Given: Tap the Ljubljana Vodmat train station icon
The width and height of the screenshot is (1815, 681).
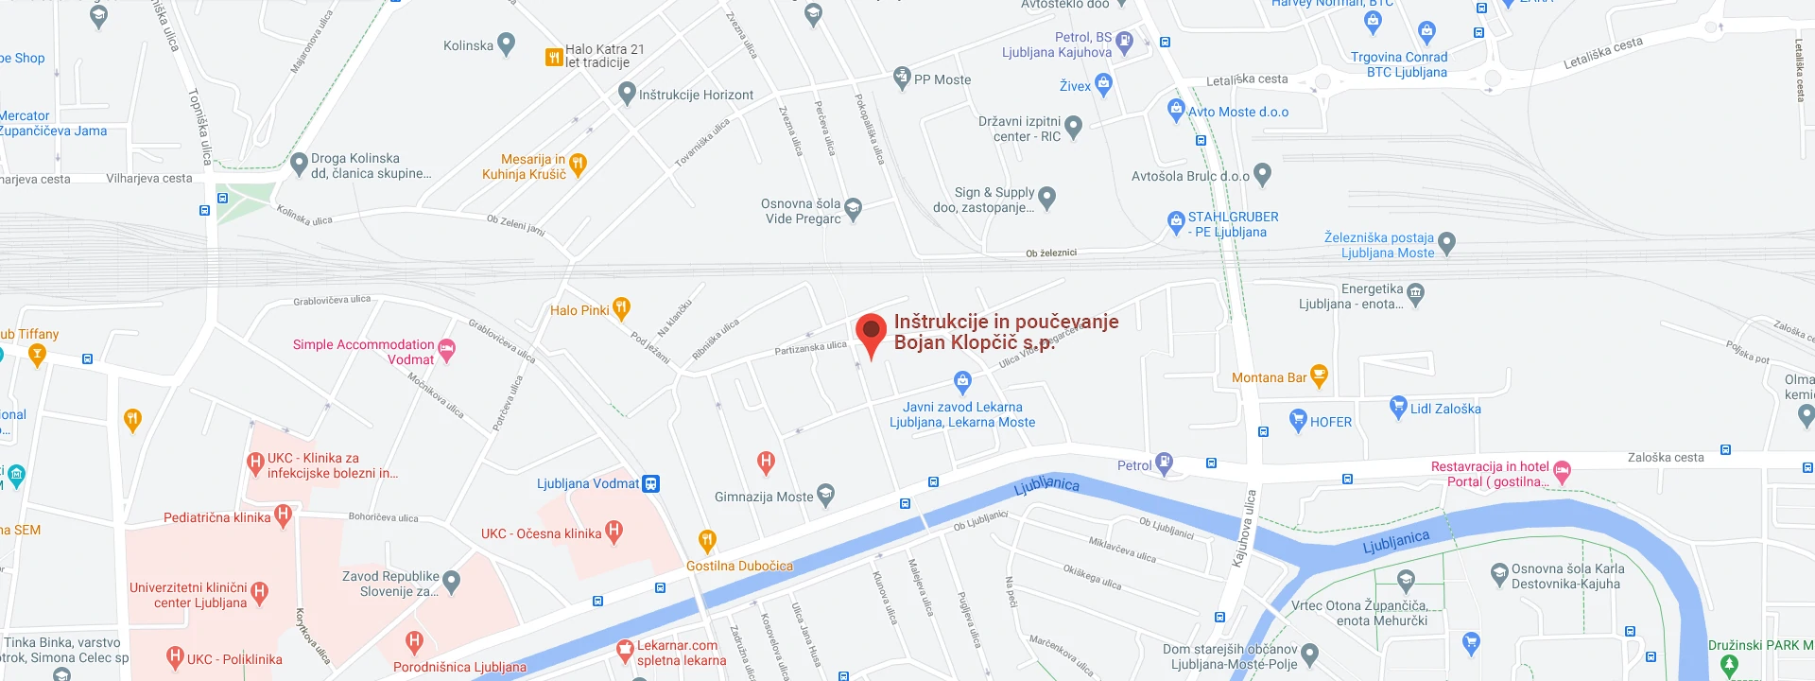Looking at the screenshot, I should pyautogui.click(x=651, y=484).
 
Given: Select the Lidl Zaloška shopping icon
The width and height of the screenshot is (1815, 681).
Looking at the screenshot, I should pyautogui.click(x=1398, y=408).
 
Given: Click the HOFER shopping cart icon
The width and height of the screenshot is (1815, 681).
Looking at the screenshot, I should pyautogui.click(x=1298, y=420).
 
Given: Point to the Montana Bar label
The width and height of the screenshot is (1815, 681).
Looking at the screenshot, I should pyautogui.click(x=1269, y=378).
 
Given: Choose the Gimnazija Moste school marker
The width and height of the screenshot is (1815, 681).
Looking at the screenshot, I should pyautogui.click(x=825, y=494).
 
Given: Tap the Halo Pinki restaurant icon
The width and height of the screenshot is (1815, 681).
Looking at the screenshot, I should pyautogui.click(x=621, y=307).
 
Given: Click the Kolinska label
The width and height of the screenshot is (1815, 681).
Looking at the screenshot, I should pyautogui.click(x=468, y=45).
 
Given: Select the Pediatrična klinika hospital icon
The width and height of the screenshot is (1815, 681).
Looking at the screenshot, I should pyautogui.click(x=283, y=515).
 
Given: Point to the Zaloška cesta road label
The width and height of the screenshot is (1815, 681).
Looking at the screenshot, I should pyautogui.click(x=1666, y=458).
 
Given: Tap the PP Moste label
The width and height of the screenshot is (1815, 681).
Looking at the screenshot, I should pyautogui.click(x=942, y=80).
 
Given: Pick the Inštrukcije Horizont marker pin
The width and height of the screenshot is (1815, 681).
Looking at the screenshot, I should pyautogui.click(x=627, y=93).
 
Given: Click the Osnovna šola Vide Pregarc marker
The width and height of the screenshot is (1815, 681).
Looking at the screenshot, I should pyautogui.click(x=854, y=208).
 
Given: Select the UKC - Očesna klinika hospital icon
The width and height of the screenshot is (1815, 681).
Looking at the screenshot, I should pyautogui.click(x=614, y=532).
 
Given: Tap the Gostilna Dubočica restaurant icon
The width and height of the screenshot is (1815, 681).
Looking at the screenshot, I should pyautogui.click(x=706, y=541).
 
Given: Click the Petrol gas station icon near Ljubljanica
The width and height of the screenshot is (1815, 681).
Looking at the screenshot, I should pyautogui.click(x=1165, y=463).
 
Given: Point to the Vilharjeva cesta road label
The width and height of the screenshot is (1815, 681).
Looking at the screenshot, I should pyautogui.click(x=149, y=179).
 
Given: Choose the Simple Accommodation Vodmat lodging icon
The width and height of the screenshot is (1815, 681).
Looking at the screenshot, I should pyautogui.click(x=447, y=350).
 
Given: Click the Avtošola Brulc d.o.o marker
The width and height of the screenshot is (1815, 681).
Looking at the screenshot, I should pyautogui.click(x=1262, y=174).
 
